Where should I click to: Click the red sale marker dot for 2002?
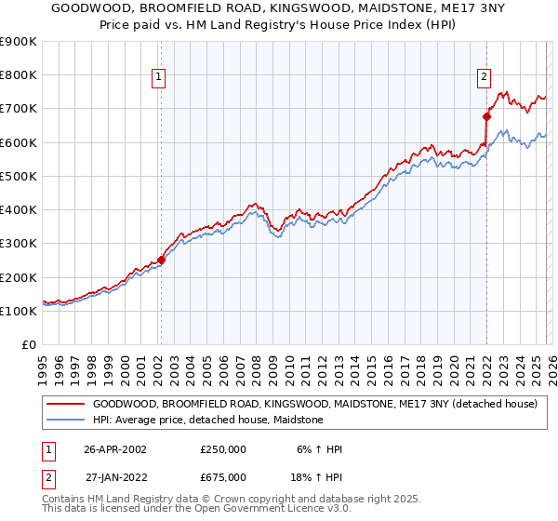[161, 260]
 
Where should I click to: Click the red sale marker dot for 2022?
[485, 117]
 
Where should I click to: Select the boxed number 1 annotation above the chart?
[160, 77]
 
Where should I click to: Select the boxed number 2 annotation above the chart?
[485, 77]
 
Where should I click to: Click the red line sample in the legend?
[65, 405]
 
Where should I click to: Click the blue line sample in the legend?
[65, 421]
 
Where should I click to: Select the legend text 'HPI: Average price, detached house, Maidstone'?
[207, 421]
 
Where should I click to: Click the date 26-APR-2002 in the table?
[115, 449]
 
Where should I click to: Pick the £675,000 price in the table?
[223, 477]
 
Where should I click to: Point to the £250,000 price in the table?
[223, 449]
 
